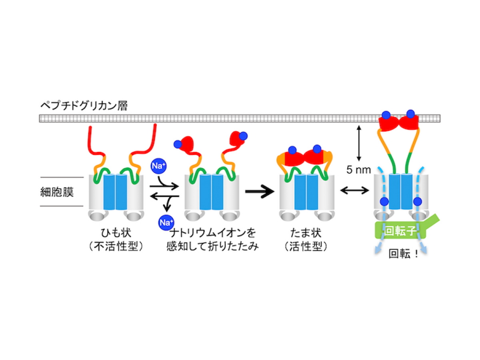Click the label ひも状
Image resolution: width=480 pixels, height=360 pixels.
(x=116, y=233)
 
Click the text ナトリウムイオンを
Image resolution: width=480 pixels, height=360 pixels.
(x=212, y=233)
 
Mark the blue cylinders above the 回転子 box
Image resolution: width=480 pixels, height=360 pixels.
(x=400, y=192)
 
